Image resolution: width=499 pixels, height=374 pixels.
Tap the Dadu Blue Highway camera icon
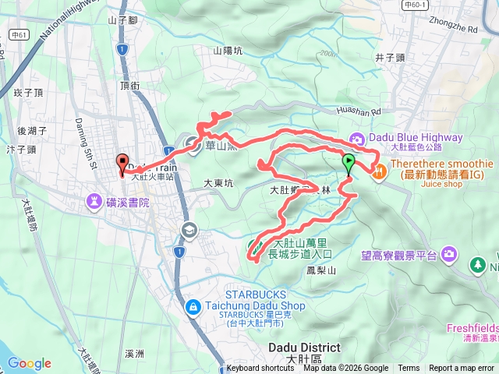coord(357,139)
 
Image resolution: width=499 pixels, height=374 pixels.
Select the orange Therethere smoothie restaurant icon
coord(378,171)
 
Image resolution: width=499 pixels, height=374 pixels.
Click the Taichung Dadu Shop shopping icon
coord(192,306)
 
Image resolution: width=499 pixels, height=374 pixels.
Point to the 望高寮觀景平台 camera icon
coord(449,253)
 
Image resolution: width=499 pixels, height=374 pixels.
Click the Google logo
coord(30,363)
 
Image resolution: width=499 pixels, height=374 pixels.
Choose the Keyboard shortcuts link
coord(260,369)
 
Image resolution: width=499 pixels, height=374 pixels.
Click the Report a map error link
coord(462,369)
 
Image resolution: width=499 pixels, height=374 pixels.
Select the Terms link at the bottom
coord(409,369)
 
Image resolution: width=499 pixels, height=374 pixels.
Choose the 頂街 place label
coord(130,86)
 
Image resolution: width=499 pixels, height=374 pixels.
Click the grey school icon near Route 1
coord(188,230)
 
